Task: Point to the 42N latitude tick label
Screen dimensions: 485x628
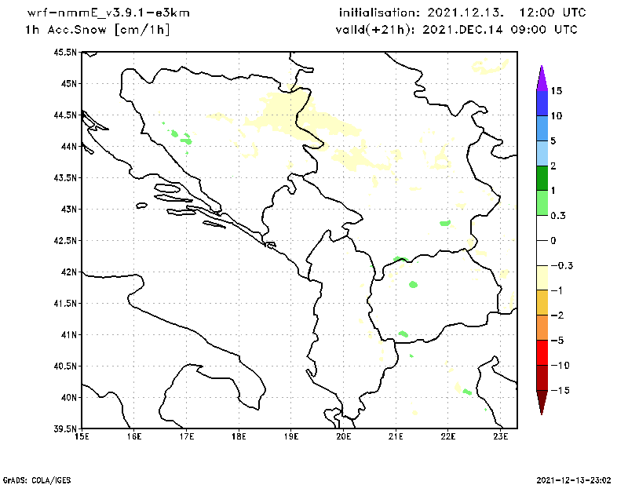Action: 68,272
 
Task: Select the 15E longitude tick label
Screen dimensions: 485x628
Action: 82,436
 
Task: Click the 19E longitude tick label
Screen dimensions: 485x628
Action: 291,436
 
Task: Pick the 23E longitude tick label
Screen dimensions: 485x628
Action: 501,436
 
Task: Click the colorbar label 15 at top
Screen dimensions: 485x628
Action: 556,91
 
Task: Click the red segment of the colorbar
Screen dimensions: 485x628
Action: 542,352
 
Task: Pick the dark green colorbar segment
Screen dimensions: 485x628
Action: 542,178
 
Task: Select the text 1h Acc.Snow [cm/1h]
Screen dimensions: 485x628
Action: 97,30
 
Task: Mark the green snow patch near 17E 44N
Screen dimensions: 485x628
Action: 186,140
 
